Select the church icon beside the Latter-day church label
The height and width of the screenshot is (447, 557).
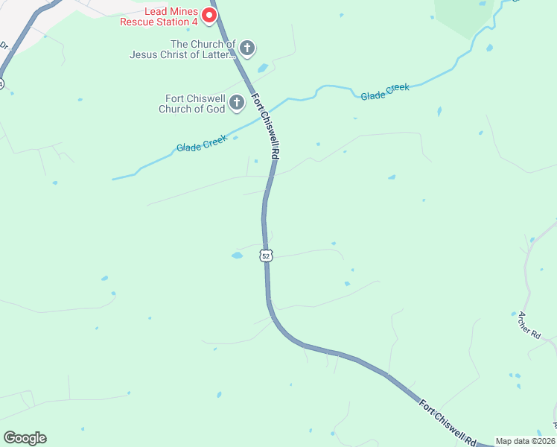point(248,49)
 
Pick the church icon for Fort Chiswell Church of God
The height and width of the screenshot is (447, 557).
point(237,103)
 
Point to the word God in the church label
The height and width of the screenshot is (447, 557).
point(215,109)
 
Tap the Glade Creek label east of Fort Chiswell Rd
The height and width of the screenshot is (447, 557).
point(385,92)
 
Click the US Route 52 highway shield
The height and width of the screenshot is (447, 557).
point(267,256)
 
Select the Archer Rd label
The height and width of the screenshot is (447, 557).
point(529,325)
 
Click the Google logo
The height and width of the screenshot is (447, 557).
point(25,438)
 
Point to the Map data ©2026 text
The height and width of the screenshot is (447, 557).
point(526,441)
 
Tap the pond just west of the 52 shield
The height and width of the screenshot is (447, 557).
point(237,256)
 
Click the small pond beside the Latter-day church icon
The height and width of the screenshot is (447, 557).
point(263,69)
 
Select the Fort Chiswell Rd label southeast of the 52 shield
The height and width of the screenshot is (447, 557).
point(447,422)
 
